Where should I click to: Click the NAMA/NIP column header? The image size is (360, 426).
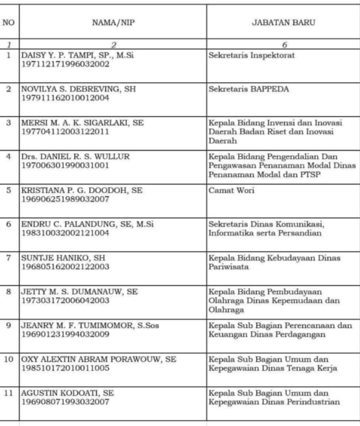[x=113, y=23]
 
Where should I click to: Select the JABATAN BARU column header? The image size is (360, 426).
[x=284, y=23]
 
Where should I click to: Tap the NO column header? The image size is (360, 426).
[x=9, y=23]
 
